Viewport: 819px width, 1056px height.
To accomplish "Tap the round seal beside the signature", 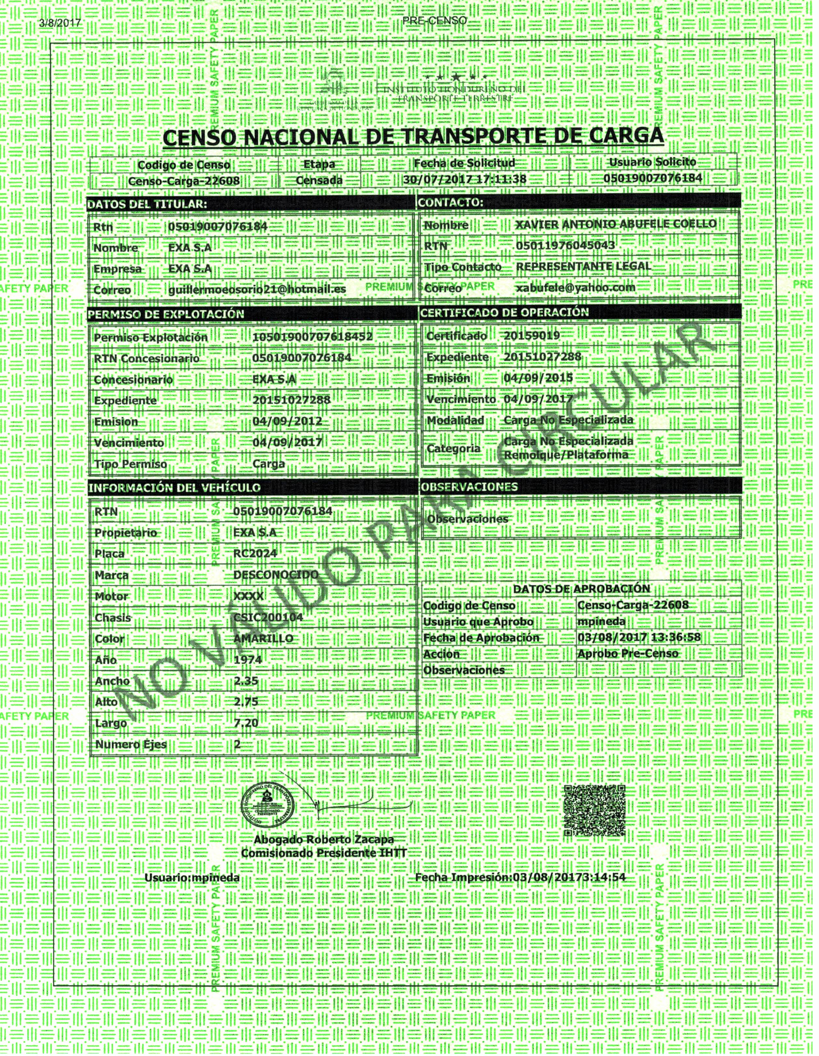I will click(269, 805).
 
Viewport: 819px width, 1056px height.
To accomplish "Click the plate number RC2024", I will click(255, 553).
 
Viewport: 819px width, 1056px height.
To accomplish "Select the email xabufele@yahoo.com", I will click(576, 288).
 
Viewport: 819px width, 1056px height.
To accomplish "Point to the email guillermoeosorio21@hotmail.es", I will click(257, 289).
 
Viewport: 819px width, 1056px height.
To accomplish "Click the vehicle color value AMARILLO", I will click(263, 638).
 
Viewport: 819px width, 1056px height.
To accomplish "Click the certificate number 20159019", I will click(532, 335).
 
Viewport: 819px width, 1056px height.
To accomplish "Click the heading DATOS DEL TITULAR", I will click(147, 204).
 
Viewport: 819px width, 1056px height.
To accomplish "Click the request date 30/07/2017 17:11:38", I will click(465, 179).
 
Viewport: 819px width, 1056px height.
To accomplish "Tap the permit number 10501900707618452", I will click(312, 336).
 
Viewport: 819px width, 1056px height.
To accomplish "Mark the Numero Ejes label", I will click(131, 744).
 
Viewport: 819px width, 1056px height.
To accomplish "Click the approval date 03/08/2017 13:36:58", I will click(639, 637).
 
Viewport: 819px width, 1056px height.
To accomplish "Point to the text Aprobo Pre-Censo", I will click(627, 654).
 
